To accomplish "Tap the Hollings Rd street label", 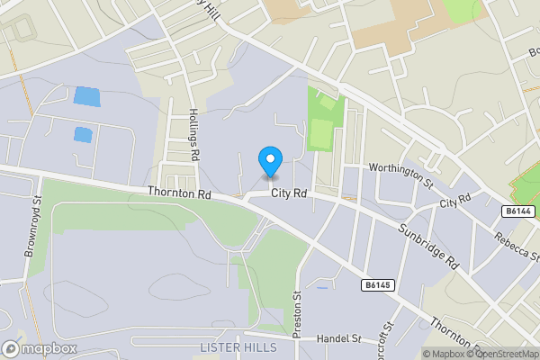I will (193, 135).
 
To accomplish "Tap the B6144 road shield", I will (517, 211).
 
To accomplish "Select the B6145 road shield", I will (379, 285).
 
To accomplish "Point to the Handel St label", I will (341, 339).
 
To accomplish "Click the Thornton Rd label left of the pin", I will (181, 193).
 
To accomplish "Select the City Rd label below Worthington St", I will (455, 203).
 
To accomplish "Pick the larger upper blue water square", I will (86, 95).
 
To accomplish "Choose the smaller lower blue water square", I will (83, 135).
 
